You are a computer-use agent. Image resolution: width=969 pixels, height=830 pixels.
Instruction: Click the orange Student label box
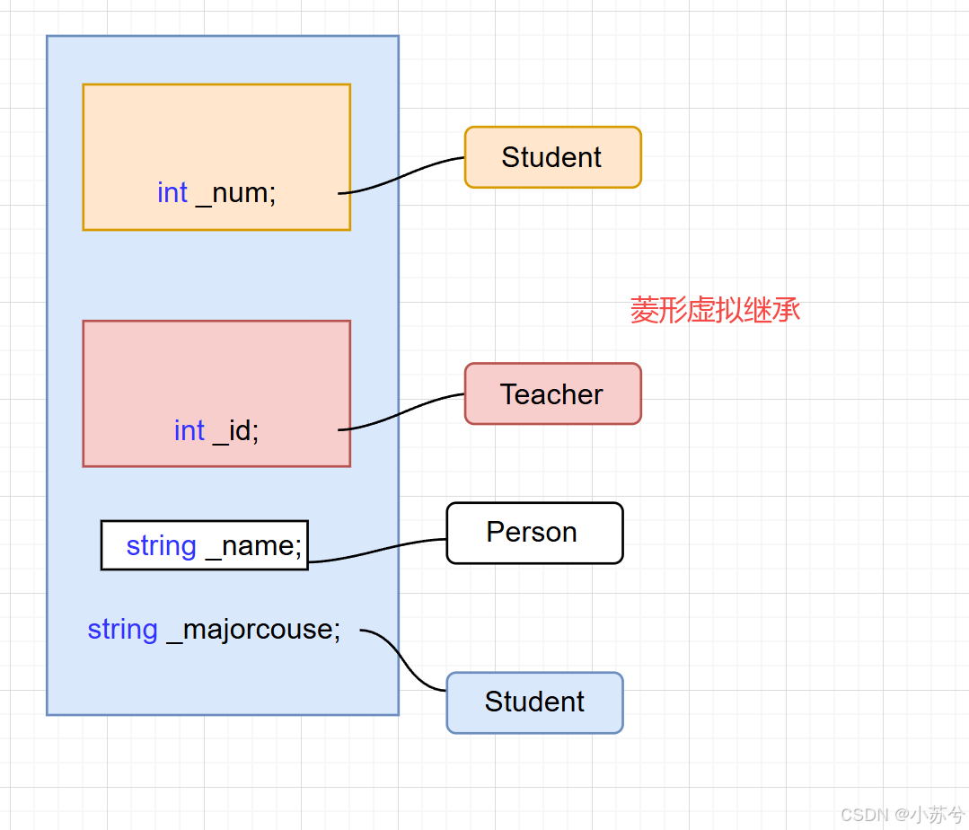point(552,157)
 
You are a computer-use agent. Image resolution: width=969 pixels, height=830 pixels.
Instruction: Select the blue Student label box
point(534,702)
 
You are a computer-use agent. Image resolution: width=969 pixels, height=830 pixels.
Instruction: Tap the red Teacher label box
point(552,393)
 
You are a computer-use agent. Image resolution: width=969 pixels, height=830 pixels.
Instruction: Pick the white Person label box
point(534,533)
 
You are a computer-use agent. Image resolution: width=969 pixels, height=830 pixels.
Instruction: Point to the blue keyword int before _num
point(172,193)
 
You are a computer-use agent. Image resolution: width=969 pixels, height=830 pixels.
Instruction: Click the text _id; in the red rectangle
point(235,431)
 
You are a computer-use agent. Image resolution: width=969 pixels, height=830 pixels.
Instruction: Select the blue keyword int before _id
point(189,431)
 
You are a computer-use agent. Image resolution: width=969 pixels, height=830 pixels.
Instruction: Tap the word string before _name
point(161,546)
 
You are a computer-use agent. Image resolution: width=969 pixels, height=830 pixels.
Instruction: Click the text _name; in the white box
point(254,546)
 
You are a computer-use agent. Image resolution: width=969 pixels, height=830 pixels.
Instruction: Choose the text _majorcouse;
point(254,630)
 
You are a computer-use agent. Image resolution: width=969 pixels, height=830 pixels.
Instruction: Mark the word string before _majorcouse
point(122,630)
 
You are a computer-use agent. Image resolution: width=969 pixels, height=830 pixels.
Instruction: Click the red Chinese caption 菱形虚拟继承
point(715,310)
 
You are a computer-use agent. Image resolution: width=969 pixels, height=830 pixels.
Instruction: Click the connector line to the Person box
point(377,551)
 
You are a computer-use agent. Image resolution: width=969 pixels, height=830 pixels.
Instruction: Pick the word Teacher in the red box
point(552,394)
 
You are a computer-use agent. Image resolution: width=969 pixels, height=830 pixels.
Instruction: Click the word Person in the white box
point(532,532)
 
